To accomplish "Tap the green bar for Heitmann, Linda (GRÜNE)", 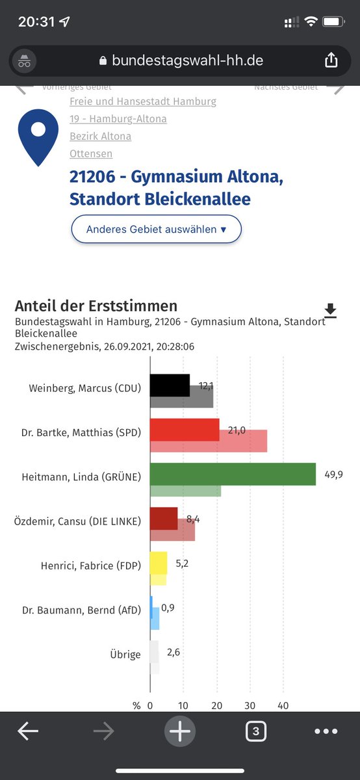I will pyautogui.click(x=233, y=474).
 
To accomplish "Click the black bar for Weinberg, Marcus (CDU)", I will pyautogui.click(x=170, y=385).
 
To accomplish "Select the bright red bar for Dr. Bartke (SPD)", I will pyautogui.click(x=185, y=430).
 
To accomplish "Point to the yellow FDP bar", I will pyautogui.click(x=159, y=563).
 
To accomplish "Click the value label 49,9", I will pyautogui.click(x=333, y=474).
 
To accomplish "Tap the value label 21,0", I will pyautogui.click(x=237, y=430).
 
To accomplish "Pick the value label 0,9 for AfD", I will pyautogui.click(x=168, y=608).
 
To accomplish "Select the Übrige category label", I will pyautogui.click(x=125, y=654).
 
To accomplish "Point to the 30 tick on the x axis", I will pyautogui.click(x=250, y=705).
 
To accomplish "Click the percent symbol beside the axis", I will pyautogui.click(x=136, y=705).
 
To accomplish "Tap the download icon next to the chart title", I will pyautogui.click(x=330, y=311).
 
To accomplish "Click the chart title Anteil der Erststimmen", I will pyautogui.click(x=96, y=306).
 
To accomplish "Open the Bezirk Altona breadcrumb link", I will pyautogui.click(x=100, y=136).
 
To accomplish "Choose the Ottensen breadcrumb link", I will pyautogui.click(x=91, y=154).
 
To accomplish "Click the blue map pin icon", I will pyautogui.click(x=38, y=137).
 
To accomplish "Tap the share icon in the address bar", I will pyautogui.click(x=331, y=60).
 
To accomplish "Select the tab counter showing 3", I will pyautogui.click(x=256, y=732).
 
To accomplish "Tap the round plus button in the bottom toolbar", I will pyautogui.click(x=180, y=732).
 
